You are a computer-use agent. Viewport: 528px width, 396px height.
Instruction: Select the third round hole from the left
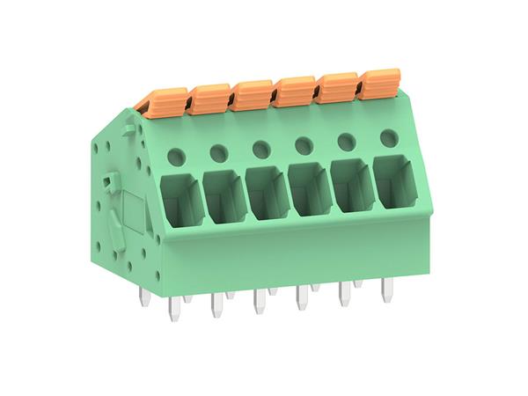click(x=260, y=148)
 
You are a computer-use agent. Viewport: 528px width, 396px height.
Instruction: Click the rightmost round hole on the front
click(x=387, y=136)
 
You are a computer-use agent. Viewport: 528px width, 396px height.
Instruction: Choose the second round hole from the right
click(x=345, y=140)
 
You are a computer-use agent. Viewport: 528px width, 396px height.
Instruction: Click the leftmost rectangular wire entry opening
click(x=182, y=202)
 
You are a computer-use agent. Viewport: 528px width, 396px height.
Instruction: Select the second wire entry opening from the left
click(x=224, y=196)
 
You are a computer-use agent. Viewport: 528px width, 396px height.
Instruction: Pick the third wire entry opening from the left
click(x=267, y=192)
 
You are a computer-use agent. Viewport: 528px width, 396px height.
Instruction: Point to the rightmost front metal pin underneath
click(x=385, y=289)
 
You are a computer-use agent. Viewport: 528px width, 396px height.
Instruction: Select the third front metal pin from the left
click(x=259, y=300)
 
